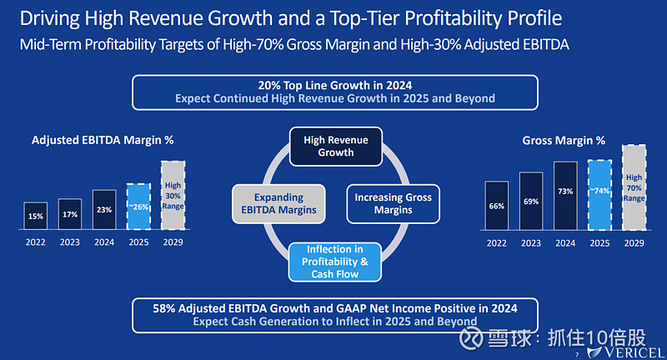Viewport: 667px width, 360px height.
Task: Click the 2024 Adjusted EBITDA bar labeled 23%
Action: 104,209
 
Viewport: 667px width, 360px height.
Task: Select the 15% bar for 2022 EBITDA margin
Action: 35,215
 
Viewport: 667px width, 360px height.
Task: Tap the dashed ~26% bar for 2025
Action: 139,206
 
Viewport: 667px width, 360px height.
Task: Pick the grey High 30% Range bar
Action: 173,195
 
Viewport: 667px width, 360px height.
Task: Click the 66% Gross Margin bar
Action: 496,205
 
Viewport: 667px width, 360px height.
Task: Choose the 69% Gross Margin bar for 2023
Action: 530,200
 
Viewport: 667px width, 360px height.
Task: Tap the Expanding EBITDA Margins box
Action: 277,203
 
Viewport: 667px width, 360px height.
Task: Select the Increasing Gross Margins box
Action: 394,203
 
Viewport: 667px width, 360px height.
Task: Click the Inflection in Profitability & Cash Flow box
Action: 335,261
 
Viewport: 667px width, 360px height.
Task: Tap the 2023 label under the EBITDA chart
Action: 70,242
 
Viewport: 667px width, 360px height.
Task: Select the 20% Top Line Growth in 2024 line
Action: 335,85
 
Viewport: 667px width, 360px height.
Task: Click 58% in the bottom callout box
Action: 164,308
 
